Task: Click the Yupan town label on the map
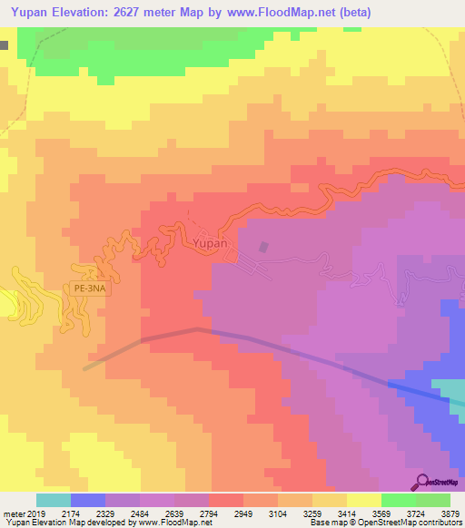tap(208, 244)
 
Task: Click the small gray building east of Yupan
tap(264, 247)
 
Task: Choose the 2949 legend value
tap(242, 513)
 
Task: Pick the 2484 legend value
tap(139, 513)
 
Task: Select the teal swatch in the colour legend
tap(54, 500)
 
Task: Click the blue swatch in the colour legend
tap(88, 500)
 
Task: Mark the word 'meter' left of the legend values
tap(16, 513)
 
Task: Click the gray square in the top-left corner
tap(5, 44)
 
